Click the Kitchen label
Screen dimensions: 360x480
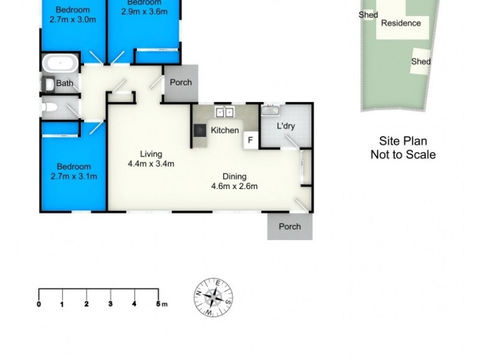click(x=225, y=130)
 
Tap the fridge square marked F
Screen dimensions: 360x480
click(x=249, y=140)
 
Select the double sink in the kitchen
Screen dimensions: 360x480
click(x=225, y=112)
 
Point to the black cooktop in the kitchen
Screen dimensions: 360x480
click(x=199, y=131)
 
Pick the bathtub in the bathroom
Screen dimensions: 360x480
click(x=59, y=63)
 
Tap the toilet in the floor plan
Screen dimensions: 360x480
click(x=50, y=108)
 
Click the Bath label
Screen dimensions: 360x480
click(x=64, y=84)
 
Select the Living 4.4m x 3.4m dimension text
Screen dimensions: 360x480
click(x=151, y=160)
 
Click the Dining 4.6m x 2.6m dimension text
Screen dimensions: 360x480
click(x=234, y=181)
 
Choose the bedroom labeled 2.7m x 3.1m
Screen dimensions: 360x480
click(x=73, y=172)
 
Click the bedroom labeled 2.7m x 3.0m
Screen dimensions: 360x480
click(x=73, y=14)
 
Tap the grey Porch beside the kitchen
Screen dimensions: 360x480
click(x=181, y=82)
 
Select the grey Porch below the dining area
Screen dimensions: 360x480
click(x=290, y=227)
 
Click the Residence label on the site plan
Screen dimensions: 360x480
click(x=401, y=23)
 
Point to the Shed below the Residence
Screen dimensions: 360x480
click(x=421, y=61)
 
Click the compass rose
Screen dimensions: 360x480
click(x=214, y=297)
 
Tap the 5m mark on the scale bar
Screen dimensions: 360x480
click(x=159, y=304)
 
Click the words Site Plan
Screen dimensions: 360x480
click(x=403, y=142)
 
